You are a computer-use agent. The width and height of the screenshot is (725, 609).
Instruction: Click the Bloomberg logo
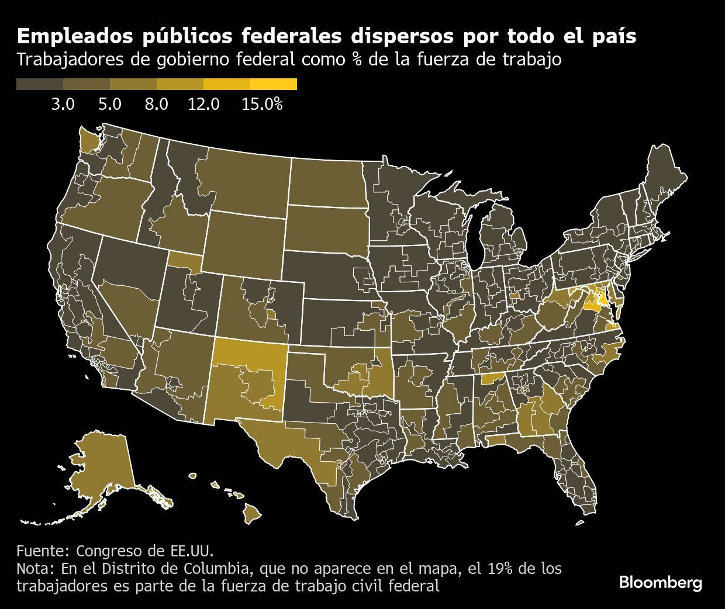[660, 583]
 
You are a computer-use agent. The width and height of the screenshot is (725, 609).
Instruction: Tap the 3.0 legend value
[63, 105]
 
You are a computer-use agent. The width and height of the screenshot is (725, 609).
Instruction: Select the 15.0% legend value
[262, 105]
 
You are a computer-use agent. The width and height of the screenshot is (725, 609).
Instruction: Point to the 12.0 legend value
[203, 105]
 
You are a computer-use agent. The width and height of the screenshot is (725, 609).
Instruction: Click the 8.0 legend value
[156, 105]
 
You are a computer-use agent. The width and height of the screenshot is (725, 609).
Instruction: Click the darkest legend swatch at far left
[40, 85]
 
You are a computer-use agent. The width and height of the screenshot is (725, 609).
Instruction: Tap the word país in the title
[612, 36]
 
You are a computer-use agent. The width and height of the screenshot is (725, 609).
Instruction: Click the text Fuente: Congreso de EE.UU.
[115, 551]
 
